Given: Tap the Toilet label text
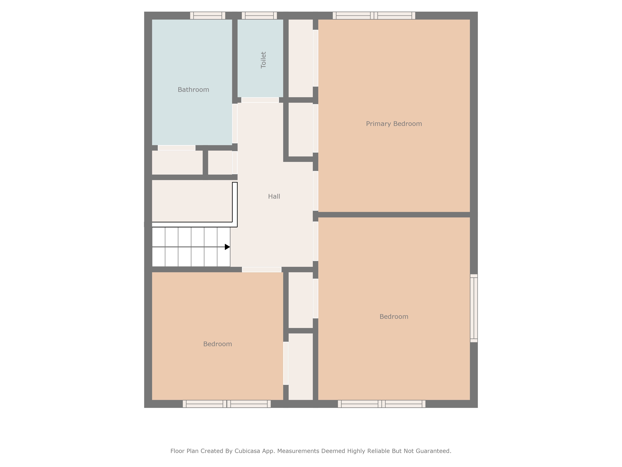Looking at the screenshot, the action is (x=263, y=60).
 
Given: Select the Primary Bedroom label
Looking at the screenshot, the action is (x=394, y=124).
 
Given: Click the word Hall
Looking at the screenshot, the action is (x=274, y=196).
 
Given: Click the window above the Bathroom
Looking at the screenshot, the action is (x=208, y=15).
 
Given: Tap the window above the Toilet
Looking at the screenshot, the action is (x=259, y=15).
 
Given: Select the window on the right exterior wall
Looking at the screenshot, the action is (x=474, y=308).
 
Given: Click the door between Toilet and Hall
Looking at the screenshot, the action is (x=260, y=100).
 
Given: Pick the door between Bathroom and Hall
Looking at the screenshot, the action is (x=235, y=124).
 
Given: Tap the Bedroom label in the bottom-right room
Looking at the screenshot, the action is (x=394, y=317).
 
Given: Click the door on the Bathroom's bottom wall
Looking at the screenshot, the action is (x=177, y=148).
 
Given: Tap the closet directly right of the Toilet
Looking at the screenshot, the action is (x=301, y=58).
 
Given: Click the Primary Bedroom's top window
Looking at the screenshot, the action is (x=374, y=15).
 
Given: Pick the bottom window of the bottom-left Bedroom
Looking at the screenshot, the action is (x=227, y=404).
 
